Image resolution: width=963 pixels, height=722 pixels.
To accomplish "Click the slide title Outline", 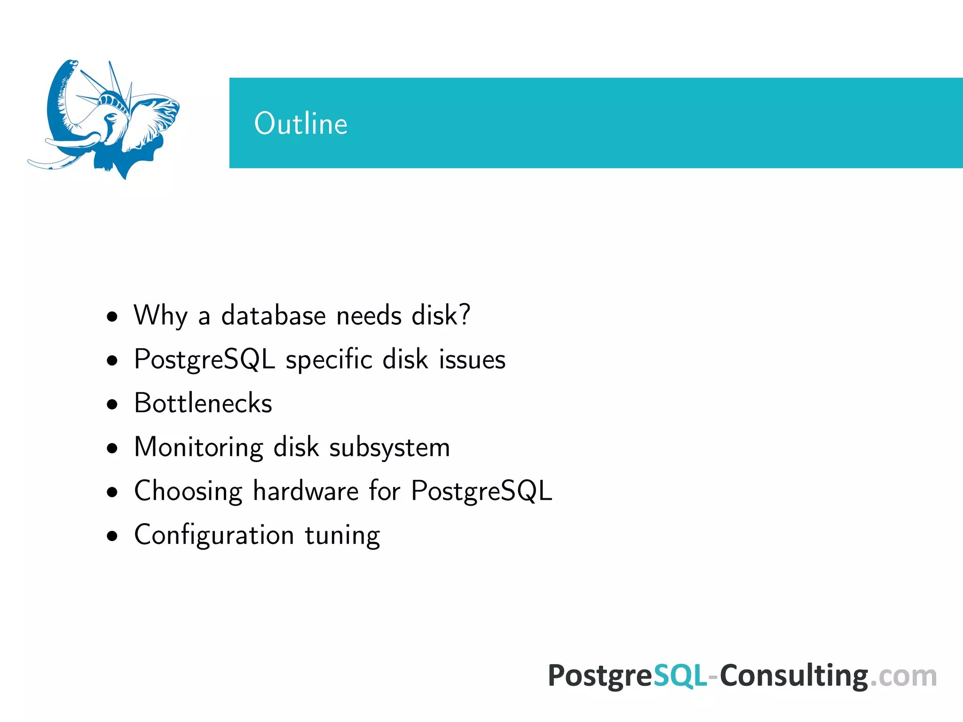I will coord(300,124).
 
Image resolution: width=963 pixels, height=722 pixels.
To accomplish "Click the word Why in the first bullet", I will coord(160,315).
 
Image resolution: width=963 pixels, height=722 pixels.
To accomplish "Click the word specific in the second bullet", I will coord(329,360).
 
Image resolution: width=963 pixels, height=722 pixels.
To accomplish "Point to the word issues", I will coord(472,360).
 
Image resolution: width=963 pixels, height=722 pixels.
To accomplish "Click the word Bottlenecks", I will coord(203,403).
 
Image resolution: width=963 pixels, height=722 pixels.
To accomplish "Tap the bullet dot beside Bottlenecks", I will coord(112,404).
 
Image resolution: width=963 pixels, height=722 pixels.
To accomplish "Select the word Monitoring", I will coord(198,447).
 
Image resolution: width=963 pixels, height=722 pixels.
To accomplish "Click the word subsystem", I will coord(389,447).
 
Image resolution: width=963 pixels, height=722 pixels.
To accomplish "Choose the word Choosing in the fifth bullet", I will coord(188,491).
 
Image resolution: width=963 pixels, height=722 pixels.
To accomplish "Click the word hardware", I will coord(306,491).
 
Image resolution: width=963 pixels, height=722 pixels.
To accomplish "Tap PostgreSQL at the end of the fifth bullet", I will coord(481,491).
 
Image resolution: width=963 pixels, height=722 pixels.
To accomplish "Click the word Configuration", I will coord(214,535).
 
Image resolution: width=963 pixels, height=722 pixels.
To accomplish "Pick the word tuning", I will coord(342,535).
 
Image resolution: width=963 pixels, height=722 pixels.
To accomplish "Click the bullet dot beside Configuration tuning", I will coord(112,536).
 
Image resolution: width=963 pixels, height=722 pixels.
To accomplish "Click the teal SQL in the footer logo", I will coord(680,676).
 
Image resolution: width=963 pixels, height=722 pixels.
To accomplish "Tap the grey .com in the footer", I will coord(903,676).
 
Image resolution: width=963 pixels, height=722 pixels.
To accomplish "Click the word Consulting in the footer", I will coord(794,676).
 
